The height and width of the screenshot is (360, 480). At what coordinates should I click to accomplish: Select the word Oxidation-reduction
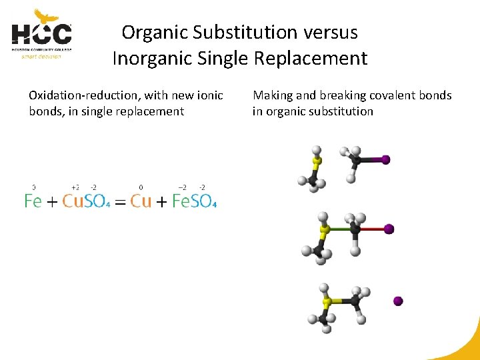coord(79,95)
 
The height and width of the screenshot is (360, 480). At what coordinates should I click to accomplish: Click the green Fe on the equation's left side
coord(33,201)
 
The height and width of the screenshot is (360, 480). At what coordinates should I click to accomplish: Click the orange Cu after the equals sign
coord(141,201)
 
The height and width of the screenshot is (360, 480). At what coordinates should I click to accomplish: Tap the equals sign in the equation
coord(120,202)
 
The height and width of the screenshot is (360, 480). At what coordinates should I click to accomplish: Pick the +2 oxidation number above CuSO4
coord(75,187)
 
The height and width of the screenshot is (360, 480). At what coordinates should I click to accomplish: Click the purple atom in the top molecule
coord(385,160)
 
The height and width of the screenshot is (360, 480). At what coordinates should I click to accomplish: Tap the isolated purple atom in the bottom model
coord(398,301)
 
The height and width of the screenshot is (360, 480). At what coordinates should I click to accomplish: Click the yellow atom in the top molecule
coord(317,161)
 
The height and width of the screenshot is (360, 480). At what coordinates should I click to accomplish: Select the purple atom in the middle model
coord(389,229)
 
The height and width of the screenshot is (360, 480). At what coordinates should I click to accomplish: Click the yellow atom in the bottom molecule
coord(327,302)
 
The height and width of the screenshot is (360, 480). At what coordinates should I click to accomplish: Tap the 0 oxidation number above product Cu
coord(141,187)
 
